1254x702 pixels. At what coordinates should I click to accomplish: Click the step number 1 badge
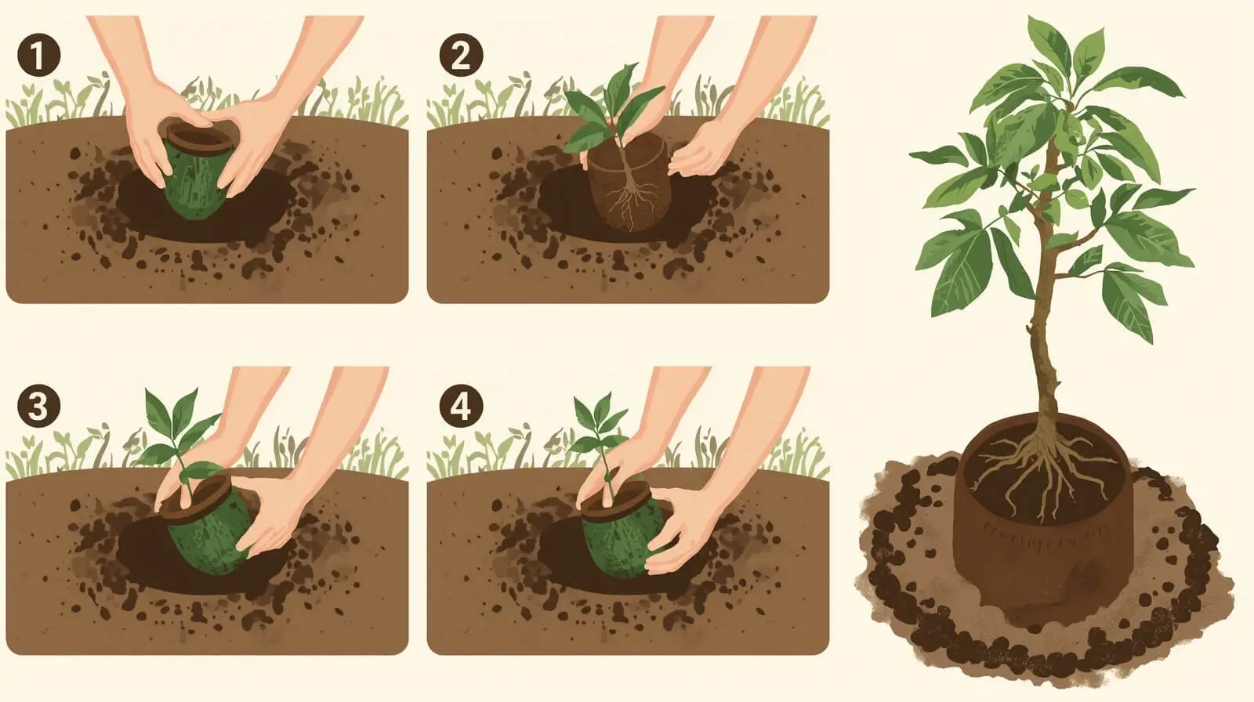click(x=38, y=55)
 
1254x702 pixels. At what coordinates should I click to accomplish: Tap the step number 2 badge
click(x=461, y=55)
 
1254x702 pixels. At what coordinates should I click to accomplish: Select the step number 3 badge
click(x=38, y=406)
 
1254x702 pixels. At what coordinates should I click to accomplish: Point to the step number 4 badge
click(x=461, y=406)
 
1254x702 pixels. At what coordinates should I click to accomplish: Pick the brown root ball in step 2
click(x=627, y=182)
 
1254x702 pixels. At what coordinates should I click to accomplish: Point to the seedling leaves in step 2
click(x=613, y=109)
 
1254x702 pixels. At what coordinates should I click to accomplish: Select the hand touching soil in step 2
click(x=700, y=148)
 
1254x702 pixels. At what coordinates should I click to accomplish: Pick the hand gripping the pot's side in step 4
click(x=680, y=529)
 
